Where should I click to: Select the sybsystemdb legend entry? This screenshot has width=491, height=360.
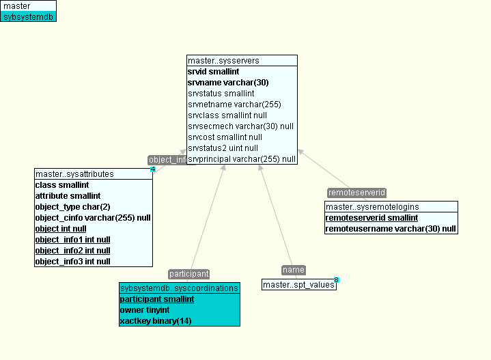point(28,16)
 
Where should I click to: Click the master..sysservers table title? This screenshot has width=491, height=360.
point(242,61)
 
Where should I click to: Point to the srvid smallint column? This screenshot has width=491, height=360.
point(213,72)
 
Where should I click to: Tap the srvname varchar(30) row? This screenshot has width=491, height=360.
point(227,83)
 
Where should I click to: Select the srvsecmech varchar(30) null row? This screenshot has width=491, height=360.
point(240,126)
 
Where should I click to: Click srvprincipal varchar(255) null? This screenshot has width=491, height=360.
point(242,159)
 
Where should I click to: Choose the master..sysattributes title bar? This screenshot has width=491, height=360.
point(93,174)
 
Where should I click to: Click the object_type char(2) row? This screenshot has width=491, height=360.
point(72,207)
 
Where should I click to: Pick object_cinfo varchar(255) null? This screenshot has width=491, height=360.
point(93,218)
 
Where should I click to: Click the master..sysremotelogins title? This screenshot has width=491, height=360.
point(391,207)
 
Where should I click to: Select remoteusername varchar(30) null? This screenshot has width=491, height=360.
point(391,229)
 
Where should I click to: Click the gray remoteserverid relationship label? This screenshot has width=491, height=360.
point(356,193)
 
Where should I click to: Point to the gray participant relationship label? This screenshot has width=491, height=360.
point(188,274)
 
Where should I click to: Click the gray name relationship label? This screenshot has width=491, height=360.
point(294,270)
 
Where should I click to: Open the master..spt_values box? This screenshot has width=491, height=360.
point(298,285)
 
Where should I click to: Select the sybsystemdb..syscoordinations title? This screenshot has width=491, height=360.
point(179,288)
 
